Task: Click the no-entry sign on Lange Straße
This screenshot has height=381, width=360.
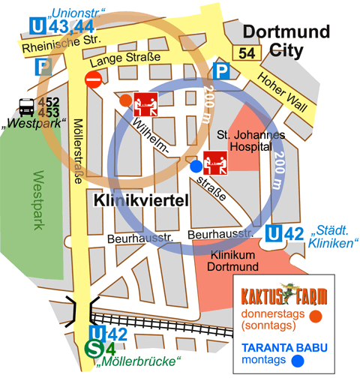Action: [94, 79]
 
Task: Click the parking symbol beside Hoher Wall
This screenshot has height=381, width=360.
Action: [221, 72]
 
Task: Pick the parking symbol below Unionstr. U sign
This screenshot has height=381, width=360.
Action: [42, 67]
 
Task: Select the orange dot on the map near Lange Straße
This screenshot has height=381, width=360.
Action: [125, 100]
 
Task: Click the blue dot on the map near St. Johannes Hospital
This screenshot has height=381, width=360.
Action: [195, 165]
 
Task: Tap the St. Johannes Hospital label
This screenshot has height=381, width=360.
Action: [250, 141]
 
